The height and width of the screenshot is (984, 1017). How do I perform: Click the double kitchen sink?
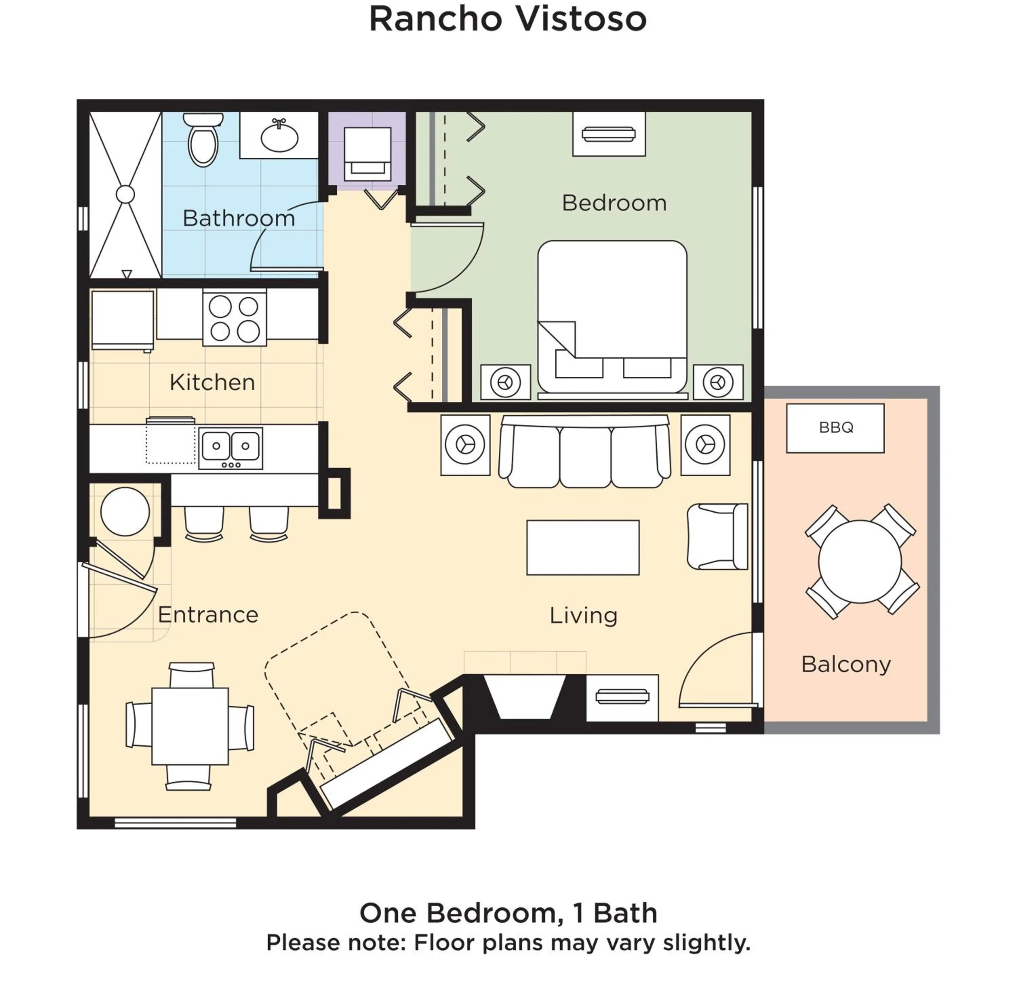point(231,447)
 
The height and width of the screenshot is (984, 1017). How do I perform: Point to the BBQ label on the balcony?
point(835,427)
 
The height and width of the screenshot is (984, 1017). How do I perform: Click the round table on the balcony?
point(860,562)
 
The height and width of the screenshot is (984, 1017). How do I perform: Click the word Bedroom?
point(614,203)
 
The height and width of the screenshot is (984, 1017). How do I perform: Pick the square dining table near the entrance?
point(190,726)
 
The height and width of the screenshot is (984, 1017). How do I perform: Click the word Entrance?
point(207,614)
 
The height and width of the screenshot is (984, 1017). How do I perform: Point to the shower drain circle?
point(125,194)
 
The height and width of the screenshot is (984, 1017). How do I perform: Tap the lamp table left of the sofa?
point(465,445)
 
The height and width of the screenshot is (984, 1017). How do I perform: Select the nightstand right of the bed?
point(718,382)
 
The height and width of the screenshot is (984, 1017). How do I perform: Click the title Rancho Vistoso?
point(507,20)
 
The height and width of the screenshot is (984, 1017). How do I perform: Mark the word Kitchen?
point(212,382)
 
